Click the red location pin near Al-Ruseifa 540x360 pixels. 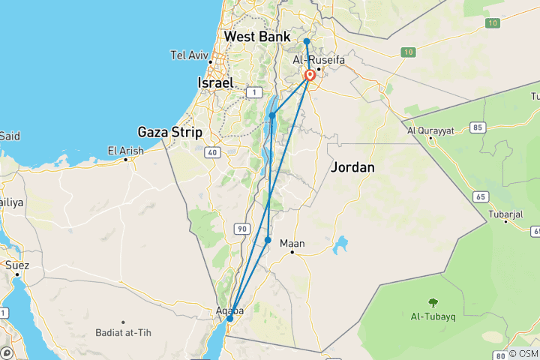pyautogui.click(x=310, y=76)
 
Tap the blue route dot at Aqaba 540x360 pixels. pyautogui.click(x=229, y=319)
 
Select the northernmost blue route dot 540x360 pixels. pyautogui.click(x=307, y=41)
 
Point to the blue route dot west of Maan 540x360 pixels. pyautogui.click(x=268, y=240)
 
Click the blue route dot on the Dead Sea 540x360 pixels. pyautogui.click(x=272, y=115)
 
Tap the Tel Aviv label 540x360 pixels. pyautogui.click(x=188, y=55)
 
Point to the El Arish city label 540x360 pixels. pyautogui.click(x=125, y=151)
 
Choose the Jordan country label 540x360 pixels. pyautogui.click(x=352, y=167)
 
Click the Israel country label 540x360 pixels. pyautogui.click(x=214, y=82)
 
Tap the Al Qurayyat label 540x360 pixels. pyautogui.click(x=430, y=130)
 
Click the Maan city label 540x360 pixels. pyautogui.click(x=292, y=243)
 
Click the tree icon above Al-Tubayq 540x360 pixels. pyautogui.click(x=433, y=302)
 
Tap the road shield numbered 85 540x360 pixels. pyautogui.click(x=477, y=127)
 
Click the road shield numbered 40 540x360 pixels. pyautogui.click(x=213, y=153)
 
